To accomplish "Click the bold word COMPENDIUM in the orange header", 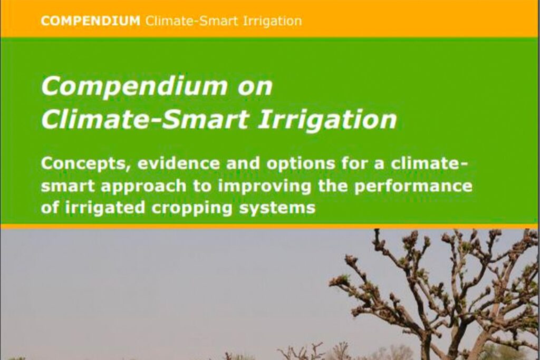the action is click(91, 21).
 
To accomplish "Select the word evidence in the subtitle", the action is click(179, 163).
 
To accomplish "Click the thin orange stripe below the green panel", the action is click(270, 226).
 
